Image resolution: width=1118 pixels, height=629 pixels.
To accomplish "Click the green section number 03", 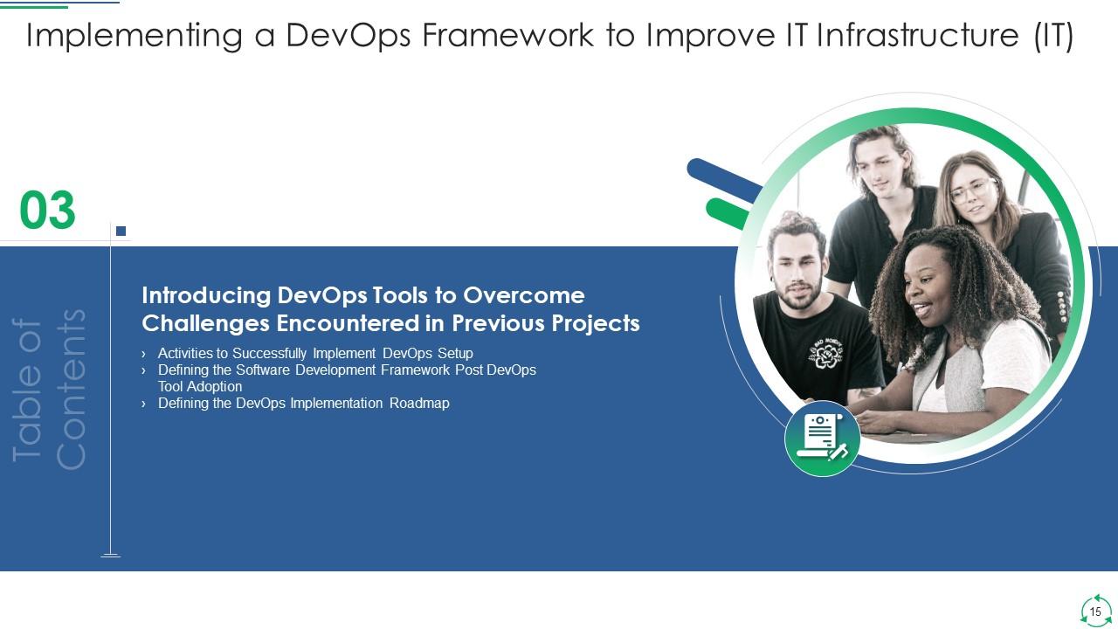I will point(48,211).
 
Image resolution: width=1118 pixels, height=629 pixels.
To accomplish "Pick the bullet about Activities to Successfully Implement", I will point(314,354).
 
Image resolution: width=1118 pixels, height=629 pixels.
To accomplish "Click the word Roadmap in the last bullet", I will point(419,404).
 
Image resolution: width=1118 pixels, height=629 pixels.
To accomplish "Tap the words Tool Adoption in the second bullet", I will point(200,386).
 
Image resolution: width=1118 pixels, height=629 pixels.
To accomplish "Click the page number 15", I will point(1095,612).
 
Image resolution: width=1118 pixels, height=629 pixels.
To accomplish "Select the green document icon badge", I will point(822,439).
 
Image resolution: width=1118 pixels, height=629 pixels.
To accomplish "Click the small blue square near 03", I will point(121,232).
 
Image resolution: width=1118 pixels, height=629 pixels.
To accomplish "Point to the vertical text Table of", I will point(29,389).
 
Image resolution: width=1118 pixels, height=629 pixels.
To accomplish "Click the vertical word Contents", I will point(72,389).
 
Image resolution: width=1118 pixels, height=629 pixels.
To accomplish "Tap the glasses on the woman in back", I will point(972,190).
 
